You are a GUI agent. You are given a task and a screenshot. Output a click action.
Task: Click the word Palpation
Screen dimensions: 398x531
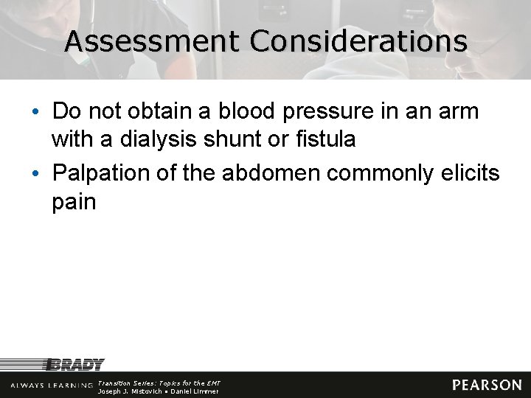coord(101,174)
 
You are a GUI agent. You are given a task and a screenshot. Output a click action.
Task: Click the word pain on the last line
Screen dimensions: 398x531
coord(74,202)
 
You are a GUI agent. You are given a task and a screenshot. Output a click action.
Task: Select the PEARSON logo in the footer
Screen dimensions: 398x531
coord(486,385)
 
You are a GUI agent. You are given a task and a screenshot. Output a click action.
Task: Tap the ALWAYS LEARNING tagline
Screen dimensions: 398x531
coord(52,385)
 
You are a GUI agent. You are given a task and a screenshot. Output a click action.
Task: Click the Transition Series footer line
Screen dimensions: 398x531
coord(159,383)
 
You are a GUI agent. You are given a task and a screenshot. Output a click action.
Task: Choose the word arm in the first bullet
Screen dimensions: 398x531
coord(459,112)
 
